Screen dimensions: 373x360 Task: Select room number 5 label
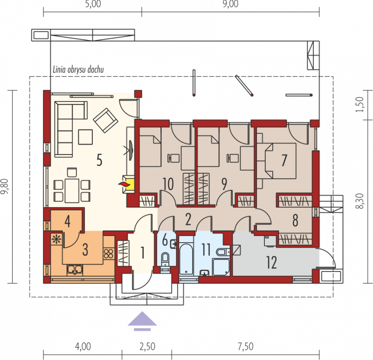pos(99,160)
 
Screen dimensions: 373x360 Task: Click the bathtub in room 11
pos(186,259)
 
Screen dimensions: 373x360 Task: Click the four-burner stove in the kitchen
pos(109,253)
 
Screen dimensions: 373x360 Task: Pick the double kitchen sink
pos(75,270)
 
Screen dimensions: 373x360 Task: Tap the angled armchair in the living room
pos(106,120)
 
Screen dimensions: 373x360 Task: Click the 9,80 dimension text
pos(5,186)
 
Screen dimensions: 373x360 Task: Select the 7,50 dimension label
pos(246,346)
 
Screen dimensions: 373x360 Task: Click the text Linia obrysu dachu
pos(78,69)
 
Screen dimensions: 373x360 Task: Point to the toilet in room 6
pos(165,259)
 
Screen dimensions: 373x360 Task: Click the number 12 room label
pos(271,262)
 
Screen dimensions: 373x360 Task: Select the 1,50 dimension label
pos(359,104)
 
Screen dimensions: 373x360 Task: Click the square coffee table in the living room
pos(85,137)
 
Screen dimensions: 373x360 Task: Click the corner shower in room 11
pos(221,267)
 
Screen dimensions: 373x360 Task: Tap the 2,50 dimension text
pos(147,346)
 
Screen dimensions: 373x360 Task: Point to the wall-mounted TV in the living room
pos(131,150)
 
